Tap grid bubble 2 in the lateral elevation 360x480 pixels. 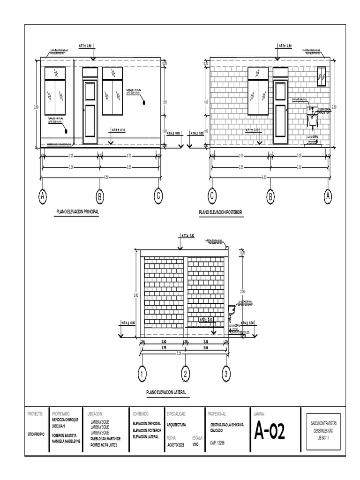click(186, 374)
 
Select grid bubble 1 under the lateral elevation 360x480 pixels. click(142, 374)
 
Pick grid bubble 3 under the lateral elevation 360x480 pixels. click(226, 374)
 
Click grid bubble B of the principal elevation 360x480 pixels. click(99, 196)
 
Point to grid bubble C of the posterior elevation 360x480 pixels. click(212, 196)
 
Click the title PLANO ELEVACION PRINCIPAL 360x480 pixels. click(77, 212)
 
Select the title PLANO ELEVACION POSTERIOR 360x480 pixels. click(220, 212)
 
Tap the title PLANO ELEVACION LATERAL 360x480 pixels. click(166, 391)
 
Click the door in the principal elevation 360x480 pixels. click(90, 112)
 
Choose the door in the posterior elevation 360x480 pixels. click(280, 112)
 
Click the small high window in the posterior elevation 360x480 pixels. click(322, 77)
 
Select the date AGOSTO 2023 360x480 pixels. click(176, 442)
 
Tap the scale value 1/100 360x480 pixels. click(195, 442)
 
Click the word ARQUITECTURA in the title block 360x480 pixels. click(176, 425)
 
